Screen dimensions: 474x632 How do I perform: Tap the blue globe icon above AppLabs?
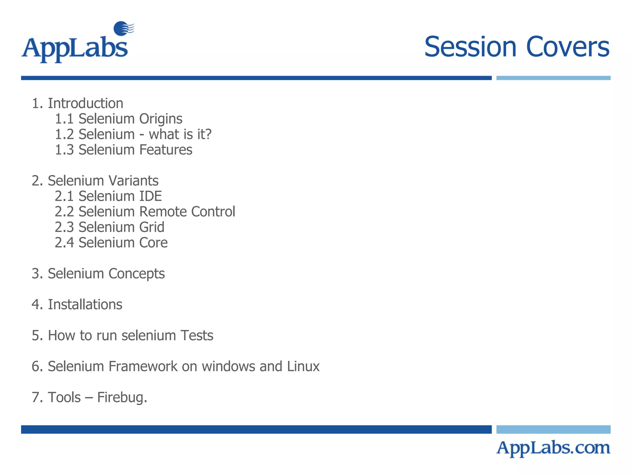(123, 28)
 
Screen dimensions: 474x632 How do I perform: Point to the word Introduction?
(85, 103)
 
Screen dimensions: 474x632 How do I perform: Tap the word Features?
(166, 150)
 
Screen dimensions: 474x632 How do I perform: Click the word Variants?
(133, 181)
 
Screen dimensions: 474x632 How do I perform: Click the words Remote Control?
(187, 212)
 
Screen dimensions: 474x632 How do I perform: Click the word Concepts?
(136, 274)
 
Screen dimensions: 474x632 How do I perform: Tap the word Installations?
(85, 305)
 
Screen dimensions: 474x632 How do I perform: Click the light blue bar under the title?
(553, 78)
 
